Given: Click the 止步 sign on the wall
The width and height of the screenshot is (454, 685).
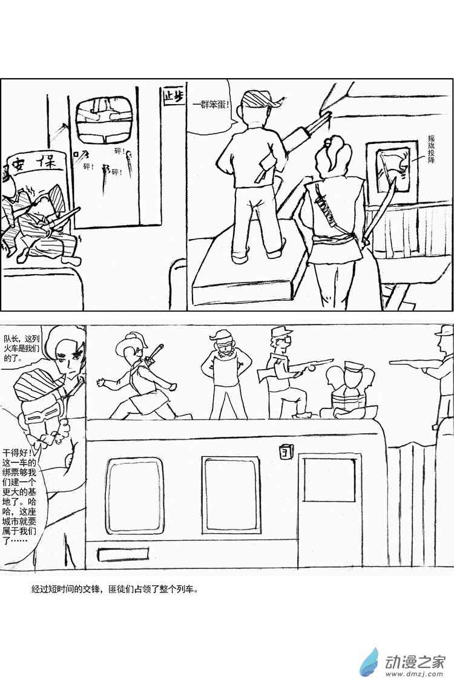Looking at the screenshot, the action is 172,96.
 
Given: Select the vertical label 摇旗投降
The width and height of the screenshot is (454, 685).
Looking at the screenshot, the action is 431,149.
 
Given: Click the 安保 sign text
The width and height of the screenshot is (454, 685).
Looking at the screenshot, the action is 36,163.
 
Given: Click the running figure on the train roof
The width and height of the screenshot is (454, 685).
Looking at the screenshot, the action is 140,376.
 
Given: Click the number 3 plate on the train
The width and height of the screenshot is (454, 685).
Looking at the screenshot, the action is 285,451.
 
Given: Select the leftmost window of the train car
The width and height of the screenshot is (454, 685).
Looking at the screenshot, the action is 134,495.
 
